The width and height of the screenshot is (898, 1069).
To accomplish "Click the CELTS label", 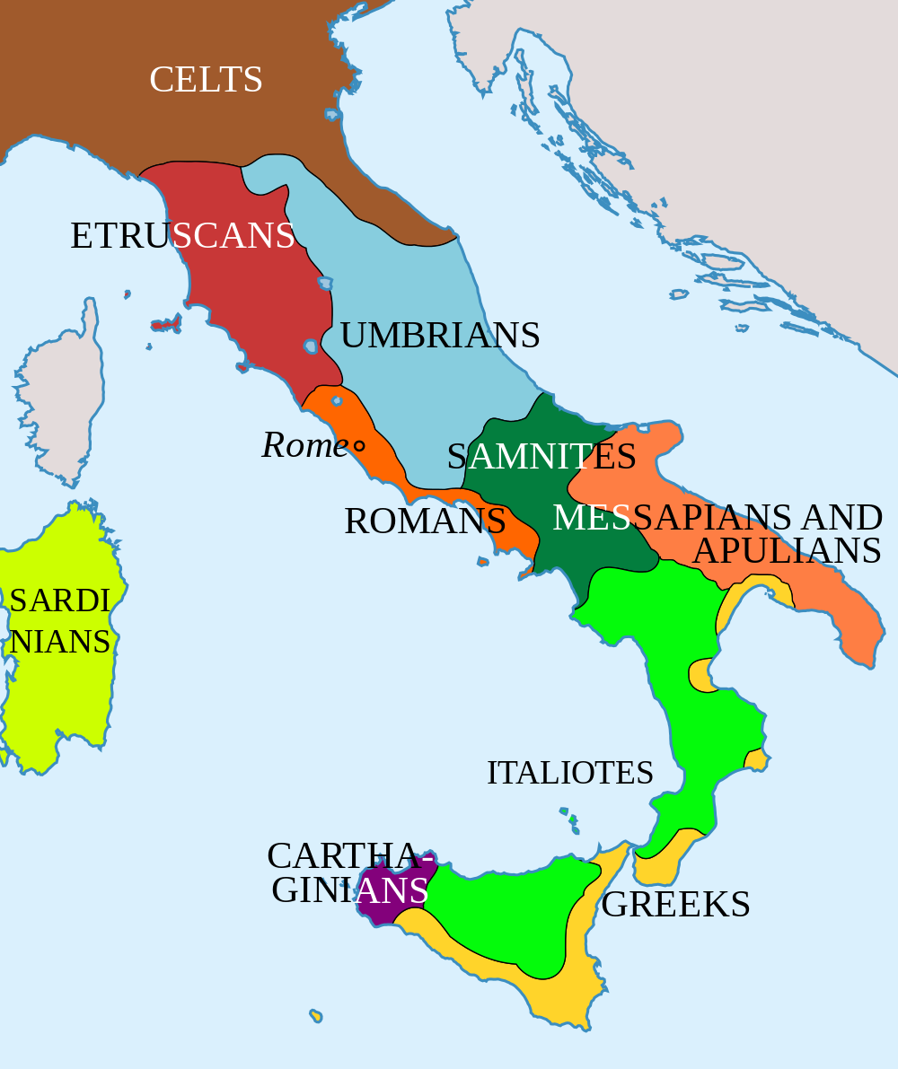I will pyautogui.click(x=206, y=80).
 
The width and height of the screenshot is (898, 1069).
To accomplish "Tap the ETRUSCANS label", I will pyautogui.click(x=182, y=236).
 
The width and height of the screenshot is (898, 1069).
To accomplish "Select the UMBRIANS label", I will pyautogui.click(x=439, y=336).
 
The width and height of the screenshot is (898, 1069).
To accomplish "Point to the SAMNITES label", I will pyautogui.click(x=541, y=457).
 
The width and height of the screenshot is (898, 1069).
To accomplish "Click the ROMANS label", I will pyautogui.click(x=425, y=521).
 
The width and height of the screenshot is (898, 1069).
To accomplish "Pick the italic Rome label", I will pyautogui.click(x=304, y=445).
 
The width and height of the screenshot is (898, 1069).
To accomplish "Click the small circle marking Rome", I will pyautogui.click(x=359, y=445).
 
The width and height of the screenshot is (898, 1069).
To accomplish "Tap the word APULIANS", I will pyautogui.click(x=787, y=551).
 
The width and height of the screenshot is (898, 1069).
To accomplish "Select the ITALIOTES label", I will pyautogui.click(x=570, y=773).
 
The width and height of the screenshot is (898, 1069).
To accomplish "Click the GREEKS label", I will pyautogui.click(x=675, y=905).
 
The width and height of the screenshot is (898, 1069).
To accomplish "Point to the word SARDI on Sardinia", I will pyautogui.click(x=59, y=600).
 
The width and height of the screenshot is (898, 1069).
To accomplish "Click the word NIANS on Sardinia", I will pyautogui.click(x=60, y=642).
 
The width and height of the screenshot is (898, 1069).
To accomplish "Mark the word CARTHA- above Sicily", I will pyautogui.click(x=344, y=856).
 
